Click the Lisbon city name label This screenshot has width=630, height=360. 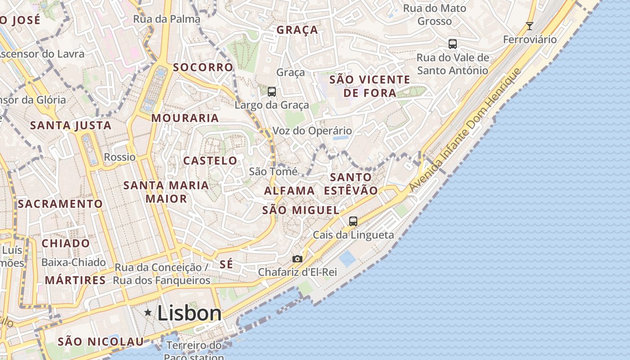coord(189,313)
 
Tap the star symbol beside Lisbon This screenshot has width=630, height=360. coord(148,312)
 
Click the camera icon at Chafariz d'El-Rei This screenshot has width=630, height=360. coord(297,259)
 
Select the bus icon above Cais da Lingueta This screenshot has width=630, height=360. coord(353,221)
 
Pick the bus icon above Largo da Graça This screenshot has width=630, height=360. coord(272,92)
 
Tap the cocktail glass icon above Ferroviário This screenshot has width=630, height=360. coord(530,26)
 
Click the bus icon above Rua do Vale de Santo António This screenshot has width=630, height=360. coord(453,44)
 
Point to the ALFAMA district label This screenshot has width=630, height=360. coord(289,190)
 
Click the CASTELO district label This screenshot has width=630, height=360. coord(210,161)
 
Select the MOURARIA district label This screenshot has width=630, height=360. coord(185,118)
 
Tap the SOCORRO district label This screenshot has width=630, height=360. coord(203,67)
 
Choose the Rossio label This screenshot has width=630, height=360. coord(120,157)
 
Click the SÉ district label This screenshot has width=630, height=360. coord(227,265)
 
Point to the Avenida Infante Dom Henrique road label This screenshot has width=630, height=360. coord(465,130)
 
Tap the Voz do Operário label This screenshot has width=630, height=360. coord(312,131)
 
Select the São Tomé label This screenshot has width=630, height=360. coord(273,171)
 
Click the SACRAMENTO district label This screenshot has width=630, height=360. coord(60,204)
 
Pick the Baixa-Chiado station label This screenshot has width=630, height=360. coord(74,262)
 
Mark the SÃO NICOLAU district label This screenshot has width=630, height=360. coord(101,342)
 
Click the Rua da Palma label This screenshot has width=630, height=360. coord(166,19)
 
